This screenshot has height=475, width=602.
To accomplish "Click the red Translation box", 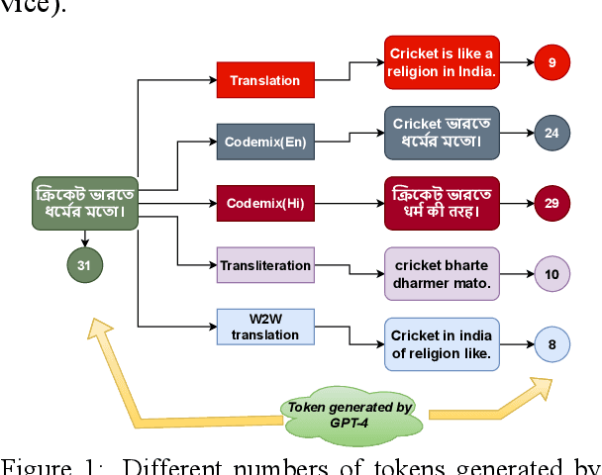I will click(x=264, y=79).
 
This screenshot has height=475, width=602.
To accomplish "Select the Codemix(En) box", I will click(x=266, y=142).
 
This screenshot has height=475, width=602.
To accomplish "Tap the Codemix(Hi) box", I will click(x=266, y=204).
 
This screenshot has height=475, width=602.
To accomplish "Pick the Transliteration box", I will click(x=264, y=265).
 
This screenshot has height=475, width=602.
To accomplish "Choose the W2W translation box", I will click(x=264, y=327).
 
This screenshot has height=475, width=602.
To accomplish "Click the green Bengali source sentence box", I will click(x=85, y=202).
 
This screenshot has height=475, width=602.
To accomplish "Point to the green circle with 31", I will click(x=85, y=264).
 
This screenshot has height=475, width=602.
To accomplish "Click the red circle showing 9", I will click(x=552, y=63).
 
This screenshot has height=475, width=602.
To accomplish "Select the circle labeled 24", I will click(x=552, y=132).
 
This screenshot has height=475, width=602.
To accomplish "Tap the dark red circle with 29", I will click(x=552, y=203).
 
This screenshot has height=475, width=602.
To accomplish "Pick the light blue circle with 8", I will click(x=552, y=345).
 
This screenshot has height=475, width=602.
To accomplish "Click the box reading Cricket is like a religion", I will click(x=442, y=61).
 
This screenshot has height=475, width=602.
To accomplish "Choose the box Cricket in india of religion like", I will click(x=442, y=344).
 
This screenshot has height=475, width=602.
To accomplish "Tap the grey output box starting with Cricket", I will click(x=442, y=132).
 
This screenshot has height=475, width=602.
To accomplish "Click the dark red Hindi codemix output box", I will click(x=442, y=202).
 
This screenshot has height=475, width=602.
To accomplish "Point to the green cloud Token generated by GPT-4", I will click(x=351, y=413).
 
